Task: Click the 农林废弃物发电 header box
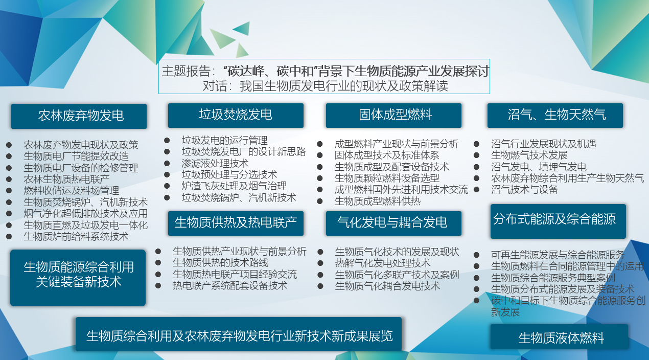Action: coord(79,116)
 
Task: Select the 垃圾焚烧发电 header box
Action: coord(236,116)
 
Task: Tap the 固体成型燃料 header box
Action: coord(393,116)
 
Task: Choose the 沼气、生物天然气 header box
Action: coord(555,116)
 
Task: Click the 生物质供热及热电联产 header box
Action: coord(236,223)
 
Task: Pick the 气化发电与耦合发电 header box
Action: coord(393,223)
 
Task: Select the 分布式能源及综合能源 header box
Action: coord(558,221)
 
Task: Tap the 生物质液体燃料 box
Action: coord(559,337)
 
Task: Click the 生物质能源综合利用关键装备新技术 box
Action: coord(78,278)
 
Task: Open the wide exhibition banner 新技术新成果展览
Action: coord(239,334)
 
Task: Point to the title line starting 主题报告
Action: coord(325,71)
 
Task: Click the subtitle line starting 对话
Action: coord(325,86)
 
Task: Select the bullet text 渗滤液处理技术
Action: coord(215,163)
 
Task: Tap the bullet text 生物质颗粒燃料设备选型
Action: coord(387,178)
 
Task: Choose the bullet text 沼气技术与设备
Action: coord(524,190)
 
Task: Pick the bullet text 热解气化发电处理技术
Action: coord(382,263)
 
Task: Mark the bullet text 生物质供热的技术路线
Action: coord(220,263)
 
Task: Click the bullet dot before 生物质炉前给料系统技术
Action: coord(9,237)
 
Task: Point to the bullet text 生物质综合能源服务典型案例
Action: coord(553,278)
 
